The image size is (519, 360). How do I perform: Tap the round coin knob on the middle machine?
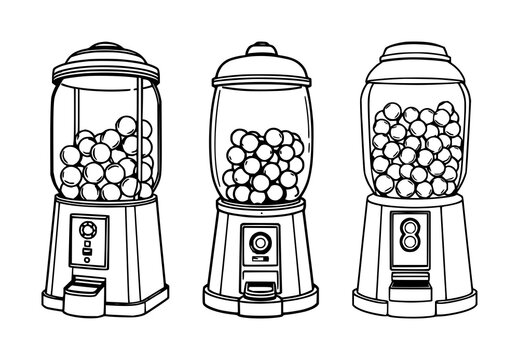click(260, 243)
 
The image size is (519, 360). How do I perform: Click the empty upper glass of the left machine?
click(104, 100)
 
